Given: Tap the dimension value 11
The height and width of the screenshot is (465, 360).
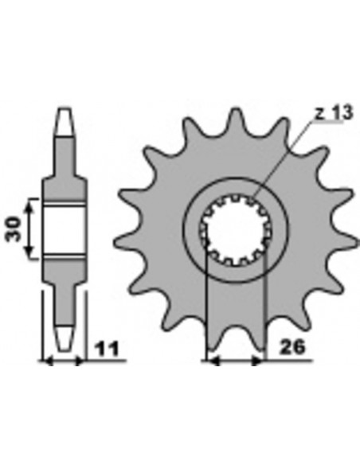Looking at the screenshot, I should (x=107, y=348).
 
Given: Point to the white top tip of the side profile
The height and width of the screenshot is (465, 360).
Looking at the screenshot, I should (x=65, y=119).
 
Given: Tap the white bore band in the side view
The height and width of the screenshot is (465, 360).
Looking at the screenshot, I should (x=64, y=229).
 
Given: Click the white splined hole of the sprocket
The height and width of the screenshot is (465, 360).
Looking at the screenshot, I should (x=236, y=229).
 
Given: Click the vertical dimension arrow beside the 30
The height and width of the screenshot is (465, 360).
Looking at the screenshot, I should (x=31, y=229).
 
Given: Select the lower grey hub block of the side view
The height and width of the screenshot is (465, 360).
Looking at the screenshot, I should (x=64, y=270).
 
